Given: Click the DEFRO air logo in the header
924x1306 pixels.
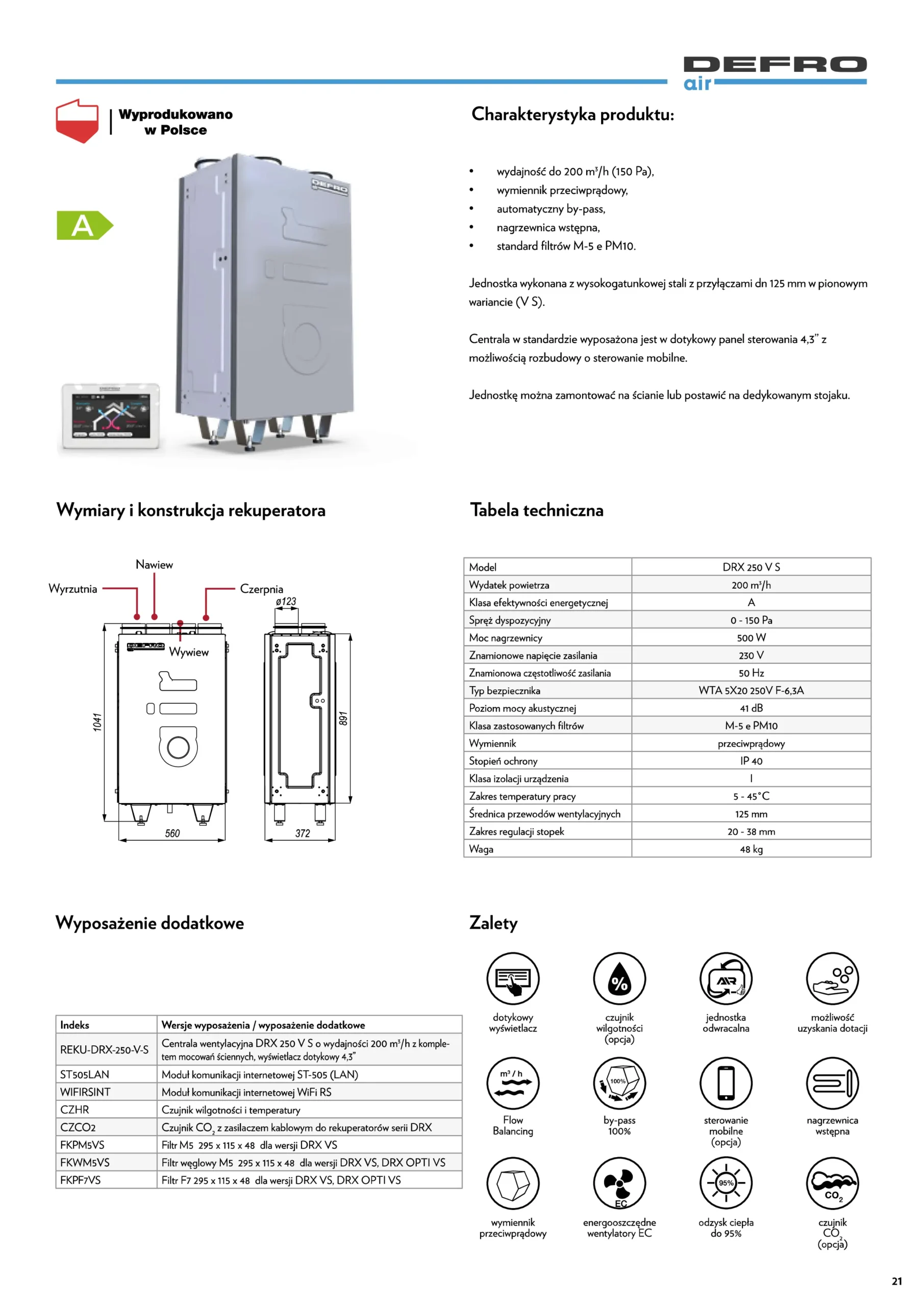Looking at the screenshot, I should coord(775,72).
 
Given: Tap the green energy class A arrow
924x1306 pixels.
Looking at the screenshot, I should coord(84,225).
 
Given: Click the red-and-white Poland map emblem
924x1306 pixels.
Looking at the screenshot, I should coord(78,120).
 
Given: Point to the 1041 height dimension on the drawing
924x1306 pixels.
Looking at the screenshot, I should coord(98,722).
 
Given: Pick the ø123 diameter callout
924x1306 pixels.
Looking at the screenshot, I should coord(286,601).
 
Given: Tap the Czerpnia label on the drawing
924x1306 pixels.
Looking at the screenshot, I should coord(261,589).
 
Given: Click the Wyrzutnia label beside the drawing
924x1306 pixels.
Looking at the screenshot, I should coord(73,589).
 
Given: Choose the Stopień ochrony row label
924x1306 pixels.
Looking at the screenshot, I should coord(503,761).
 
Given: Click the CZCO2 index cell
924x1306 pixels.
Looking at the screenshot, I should coord(78,1127).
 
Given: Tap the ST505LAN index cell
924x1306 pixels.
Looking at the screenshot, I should coord(85,1074).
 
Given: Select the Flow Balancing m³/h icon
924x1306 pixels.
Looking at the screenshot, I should coord(513,1084).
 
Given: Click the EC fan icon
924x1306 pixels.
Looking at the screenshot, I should coord(619,1184).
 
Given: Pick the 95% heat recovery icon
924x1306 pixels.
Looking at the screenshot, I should coord(726,1184).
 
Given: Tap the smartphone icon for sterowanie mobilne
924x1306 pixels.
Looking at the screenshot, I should coord(726,1084).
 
